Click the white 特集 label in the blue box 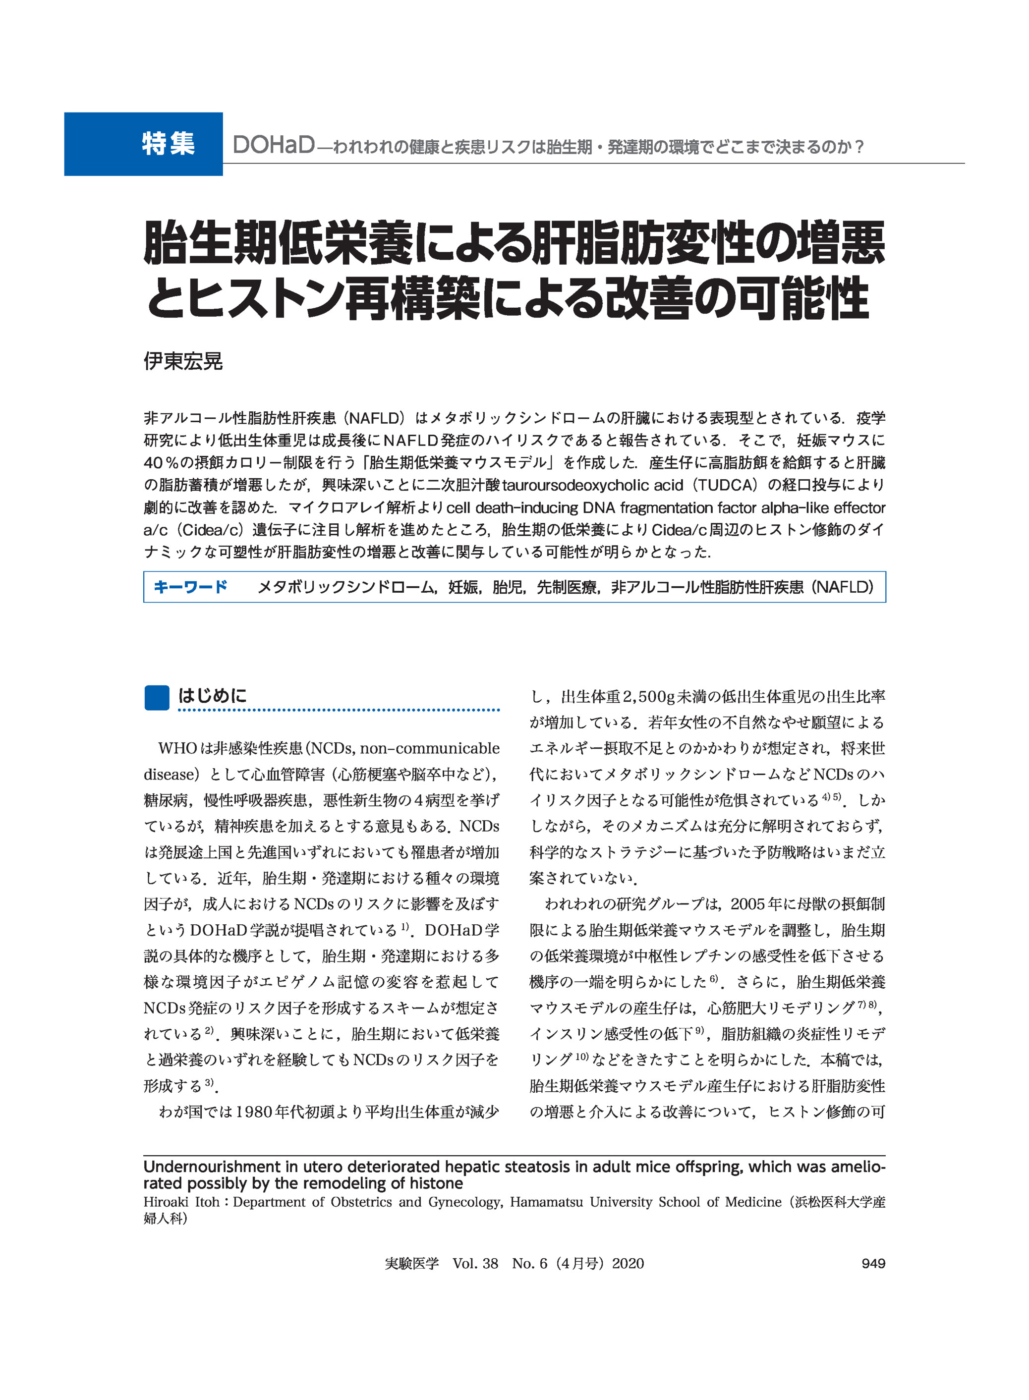coord(168,144)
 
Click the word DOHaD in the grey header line coord(274,146)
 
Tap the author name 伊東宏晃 coord(182,361)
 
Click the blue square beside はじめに coord(156,697)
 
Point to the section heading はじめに coord(213,696)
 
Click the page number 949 coord(873,1263)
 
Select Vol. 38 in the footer coord(475,1263)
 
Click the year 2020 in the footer coord(628,1263)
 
